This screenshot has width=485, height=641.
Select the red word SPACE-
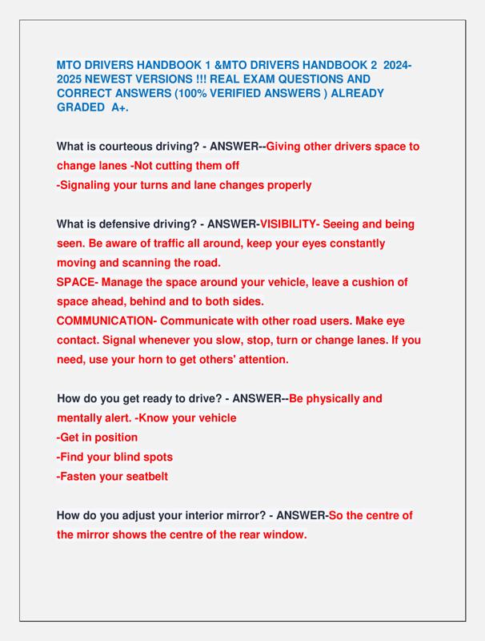[x=77, y=282]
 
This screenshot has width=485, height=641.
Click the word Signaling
[x=90, y=185]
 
